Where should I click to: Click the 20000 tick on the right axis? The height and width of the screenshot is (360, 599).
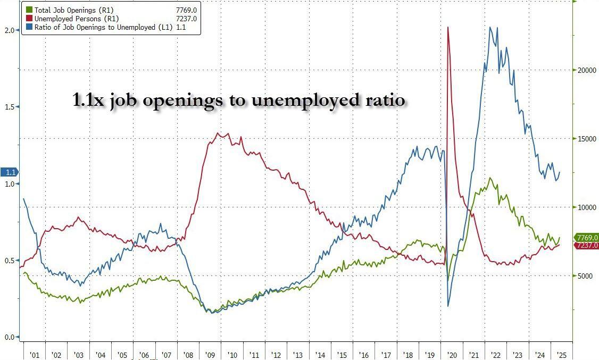584,70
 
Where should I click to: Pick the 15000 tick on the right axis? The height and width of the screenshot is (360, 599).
584,139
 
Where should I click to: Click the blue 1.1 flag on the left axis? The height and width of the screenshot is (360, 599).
10,172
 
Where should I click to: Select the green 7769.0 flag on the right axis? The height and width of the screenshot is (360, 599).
586,238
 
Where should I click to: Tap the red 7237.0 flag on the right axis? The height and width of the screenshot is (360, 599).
586,245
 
